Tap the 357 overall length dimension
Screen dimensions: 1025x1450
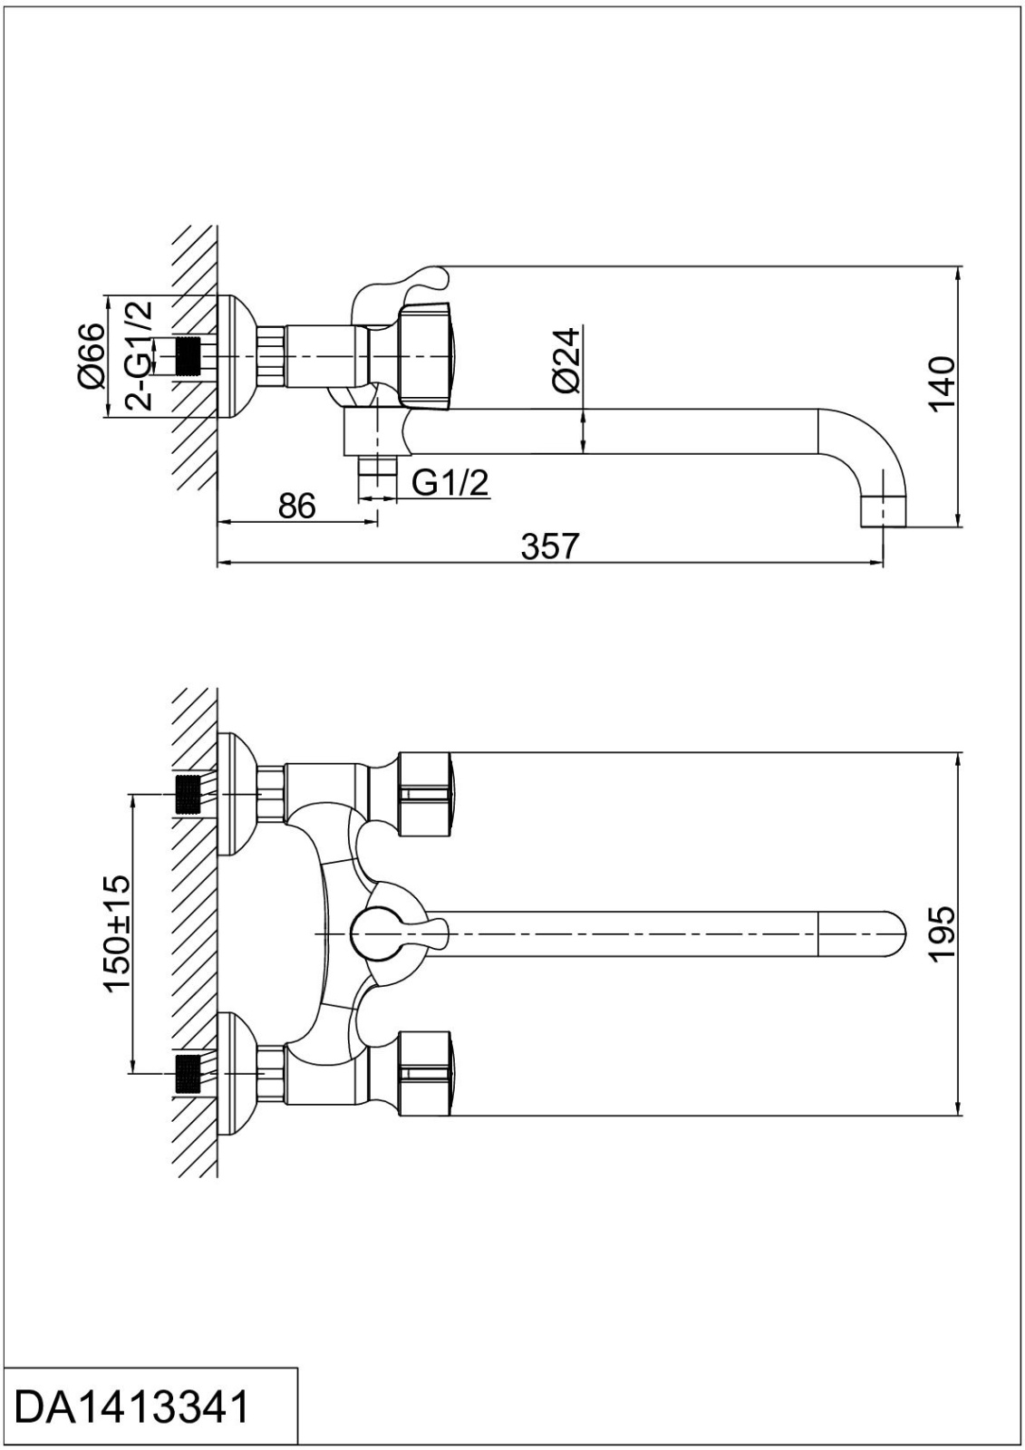point(549,546)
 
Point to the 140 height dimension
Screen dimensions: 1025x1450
point(943,384)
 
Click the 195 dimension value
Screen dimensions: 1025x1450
point(943,934)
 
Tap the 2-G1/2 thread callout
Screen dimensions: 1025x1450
point(138,354)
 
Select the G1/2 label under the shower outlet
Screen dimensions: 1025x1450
point(450,482)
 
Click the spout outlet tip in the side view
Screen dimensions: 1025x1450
point(883,511)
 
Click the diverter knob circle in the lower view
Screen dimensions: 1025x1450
point(373,934)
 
